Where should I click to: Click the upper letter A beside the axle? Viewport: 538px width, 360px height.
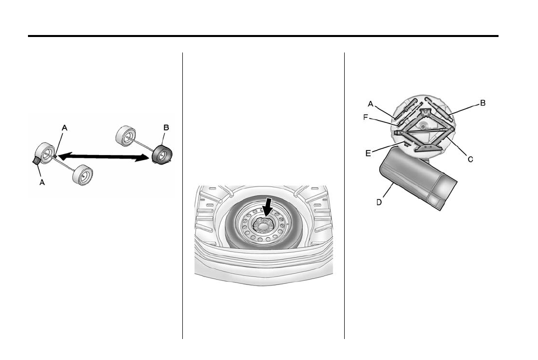click(64, 127)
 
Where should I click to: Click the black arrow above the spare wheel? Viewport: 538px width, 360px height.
click(268, 205)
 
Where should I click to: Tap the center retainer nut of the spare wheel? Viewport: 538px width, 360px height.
click(263, 225)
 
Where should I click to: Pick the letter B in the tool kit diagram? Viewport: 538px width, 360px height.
click(483, 102)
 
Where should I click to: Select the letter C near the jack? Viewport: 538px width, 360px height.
click(470, 158)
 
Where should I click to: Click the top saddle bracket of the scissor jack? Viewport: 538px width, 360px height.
click(426, 113)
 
